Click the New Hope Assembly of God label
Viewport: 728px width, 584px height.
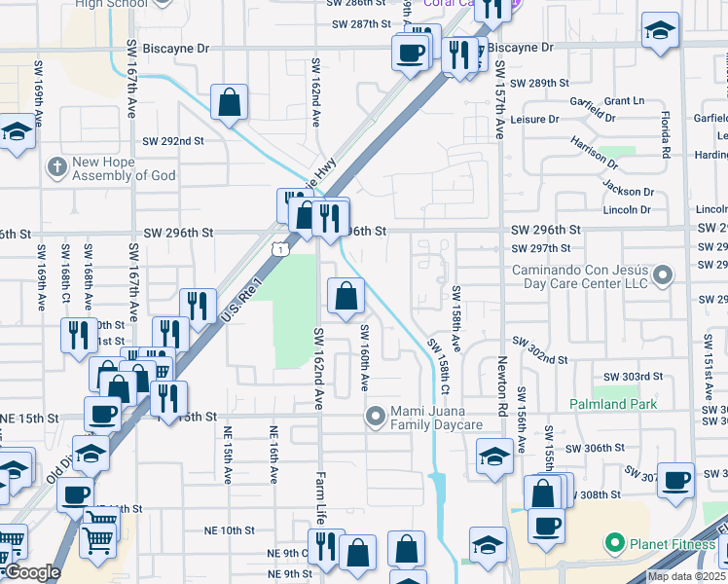click(124, 168)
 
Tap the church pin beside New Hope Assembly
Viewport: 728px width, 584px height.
click(55, 167)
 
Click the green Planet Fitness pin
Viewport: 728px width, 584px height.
click(614, 542)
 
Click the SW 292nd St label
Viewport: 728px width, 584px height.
click(173, 141)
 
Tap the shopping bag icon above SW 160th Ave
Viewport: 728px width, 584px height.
click(346, 294)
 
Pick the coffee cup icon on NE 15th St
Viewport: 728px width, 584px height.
click(102, 415)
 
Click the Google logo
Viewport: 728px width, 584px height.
click(31, 573)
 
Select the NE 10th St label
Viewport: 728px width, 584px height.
click(229, 530)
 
